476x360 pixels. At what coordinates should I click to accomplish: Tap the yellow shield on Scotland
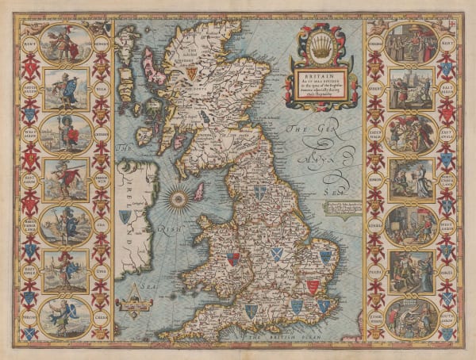coord(190,72)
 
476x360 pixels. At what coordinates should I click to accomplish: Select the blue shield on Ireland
coord(125,216)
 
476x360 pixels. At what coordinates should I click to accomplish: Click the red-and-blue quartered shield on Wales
coord(232,259)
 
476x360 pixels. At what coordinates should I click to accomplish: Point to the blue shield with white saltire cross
coord(276,254)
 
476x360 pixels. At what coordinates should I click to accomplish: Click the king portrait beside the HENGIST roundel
coord(67,43)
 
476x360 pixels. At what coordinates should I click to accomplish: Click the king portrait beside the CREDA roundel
coord(67,316)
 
